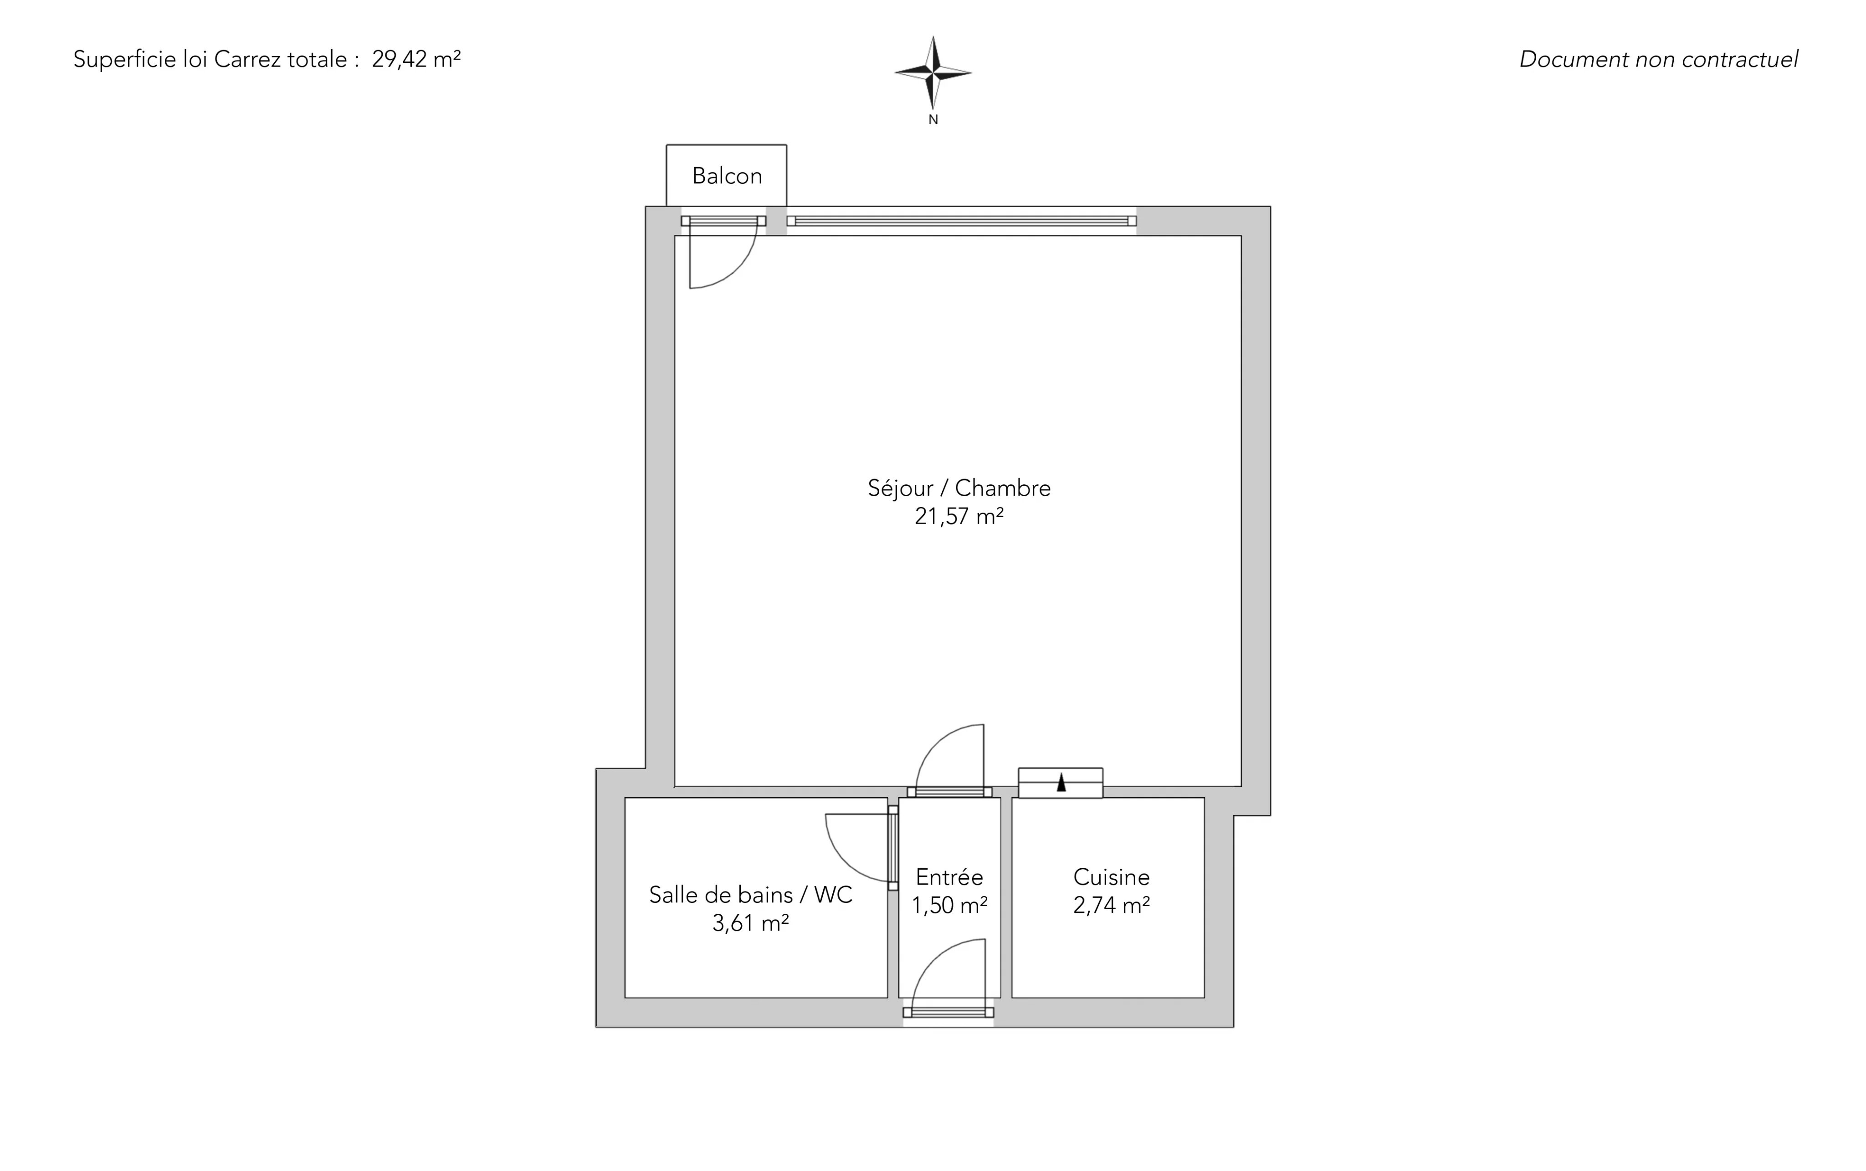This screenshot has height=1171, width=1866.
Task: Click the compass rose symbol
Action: tap(933, 73)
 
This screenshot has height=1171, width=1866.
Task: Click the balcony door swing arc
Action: tap(739, 270)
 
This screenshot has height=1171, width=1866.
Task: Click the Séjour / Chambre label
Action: tap(959, 488)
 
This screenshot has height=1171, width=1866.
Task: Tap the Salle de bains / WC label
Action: tap(750, 895)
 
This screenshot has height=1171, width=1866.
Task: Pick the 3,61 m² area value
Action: tap(750, 923)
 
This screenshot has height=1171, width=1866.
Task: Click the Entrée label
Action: tap(949, 877)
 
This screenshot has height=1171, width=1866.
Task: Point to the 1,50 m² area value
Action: tap(949, 906)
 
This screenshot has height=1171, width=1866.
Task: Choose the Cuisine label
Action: tap(1111, 877)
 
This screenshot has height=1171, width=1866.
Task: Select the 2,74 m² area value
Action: tap(1111, 906)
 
